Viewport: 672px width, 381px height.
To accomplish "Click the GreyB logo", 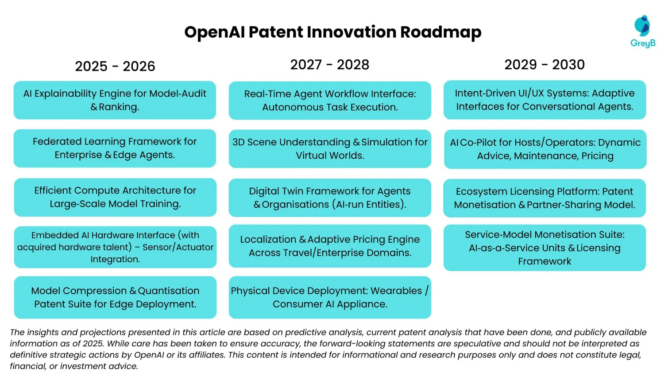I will coord(642,31).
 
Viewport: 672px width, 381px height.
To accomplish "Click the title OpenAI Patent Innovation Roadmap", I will coord(332,32).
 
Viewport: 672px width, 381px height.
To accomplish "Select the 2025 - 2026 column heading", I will coord(115,66).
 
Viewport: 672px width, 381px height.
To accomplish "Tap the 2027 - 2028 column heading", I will coord(329,65).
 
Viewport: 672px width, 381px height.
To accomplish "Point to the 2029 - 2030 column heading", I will coord(545,65).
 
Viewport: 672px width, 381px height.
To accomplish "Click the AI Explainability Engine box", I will coord(115,100).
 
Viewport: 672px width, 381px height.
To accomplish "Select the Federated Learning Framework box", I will coord(115,148).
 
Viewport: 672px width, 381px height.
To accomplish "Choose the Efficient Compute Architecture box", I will coord(115,197).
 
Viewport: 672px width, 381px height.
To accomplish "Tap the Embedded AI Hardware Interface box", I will coord(115,247).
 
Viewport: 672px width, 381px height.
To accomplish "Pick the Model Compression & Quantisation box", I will coord(115,297).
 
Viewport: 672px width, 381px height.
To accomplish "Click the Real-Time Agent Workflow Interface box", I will coord(330,101).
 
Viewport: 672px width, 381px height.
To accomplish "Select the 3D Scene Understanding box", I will coord(330,149).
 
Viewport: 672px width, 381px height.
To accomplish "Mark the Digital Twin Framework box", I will coord(330,198).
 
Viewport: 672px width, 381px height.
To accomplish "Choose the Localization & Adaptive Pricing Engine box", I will coord(330,246).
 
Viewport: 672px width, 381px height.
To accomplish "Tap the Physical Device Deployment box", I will coord(330,297).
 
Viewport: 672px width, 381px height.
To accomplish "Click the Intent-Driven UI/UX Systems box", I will coord(545,100).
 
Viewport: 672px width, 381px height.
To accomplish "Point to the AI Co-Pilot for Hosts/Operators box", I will coord(545,149).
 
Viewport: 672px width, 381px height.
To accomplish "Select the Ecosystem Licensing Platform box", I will coord(545,198).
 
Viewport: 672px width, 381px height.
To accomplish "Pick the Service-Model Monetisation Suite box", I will coord(545,248).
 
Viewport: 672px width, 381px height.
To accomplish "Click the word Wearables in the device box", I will coord(396,291).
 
